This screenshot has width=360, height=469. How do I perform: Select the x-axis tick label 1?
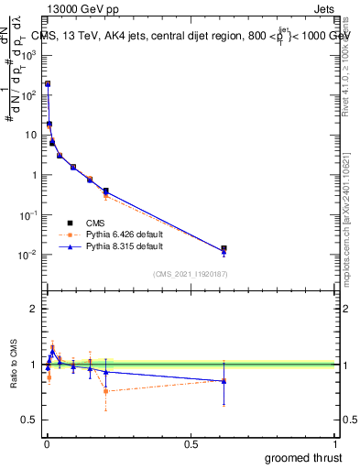pos(336,442)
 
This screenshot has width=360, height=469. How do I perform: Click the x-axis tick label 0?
pos(47,442)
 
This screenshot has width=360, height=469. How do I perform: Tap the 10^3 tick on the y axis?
pos(28,54)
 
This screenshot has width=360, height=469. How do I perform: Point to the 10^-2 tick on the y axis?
pos(28,255)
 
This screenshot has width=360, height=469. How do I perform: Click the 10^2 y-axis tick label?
pos(28,94)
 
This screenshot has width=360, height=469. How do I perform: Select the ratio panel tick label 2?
pos(33,309)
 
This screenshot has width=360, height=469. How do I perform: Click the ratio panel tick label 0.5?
pos(29,420)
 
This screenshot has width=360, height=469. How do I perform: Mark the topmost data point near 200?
pos(48,83)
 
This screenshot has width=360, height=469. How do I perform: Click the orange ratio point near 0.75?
pos(106,391)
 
